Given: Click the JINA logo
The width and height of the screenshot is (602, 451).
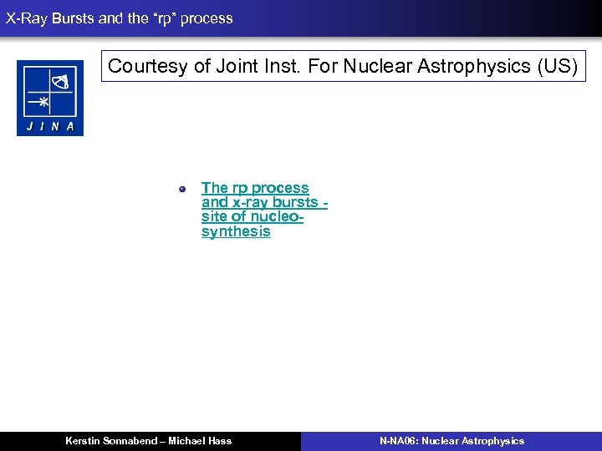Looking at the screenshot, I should point(50,98).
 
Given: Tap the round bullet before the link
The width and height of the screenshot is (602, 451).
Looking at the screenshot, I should point(181,189).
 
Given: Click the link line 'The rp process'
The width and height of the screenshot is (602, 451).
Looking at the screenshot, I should point(255,188).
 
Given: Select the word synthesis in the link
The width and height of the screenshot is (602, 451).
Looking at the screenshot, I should point(236,231).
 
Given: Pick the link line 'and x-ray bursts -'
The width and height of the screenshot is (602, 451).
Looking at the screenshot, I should point(263,202).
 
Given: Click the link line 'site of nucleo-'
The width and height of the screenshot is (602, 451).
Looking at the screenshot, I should point(252,216).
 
